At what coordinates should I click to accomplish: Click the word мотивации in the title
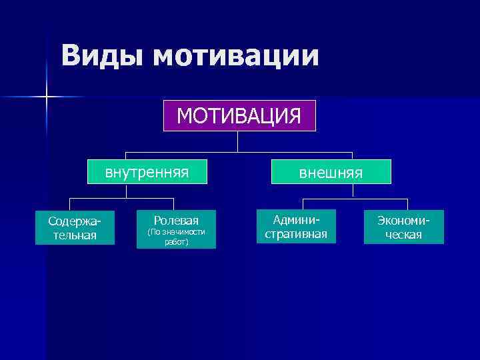tap(235, 56)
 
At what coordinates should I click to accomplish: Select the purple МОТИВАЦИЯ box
tap(239, 115)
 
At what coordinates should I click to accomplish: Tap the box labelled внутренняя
tap(147, 173)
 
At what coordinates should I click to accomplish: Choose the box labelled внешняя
tap(331, 173)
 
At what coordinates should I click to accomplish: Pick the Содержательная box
tap(75, 227)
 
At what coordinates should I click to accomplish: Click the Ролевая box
tap(176, 229)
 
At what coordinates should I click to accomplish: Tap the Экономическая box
tap(403, 227)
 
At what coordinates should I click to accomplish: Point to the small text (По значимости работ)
tap(176, 237)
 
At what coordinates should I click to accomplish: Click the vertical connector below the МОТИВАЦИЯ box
tap(238, 141)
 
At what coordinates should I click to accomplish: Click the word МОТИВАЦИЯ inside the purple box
tap(239, 115)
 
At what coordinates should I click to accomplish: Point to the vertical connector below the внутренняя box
tap(127, 191)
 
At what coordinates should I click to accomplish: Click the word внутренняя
tap(147, 173)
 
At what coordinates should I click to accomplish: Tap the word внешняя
tap(331, 173)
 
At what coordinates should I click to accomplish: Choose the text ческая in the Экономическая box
tap(404, 235)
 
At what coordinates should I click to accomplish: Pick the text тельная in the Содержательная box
tap(75, 235)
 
